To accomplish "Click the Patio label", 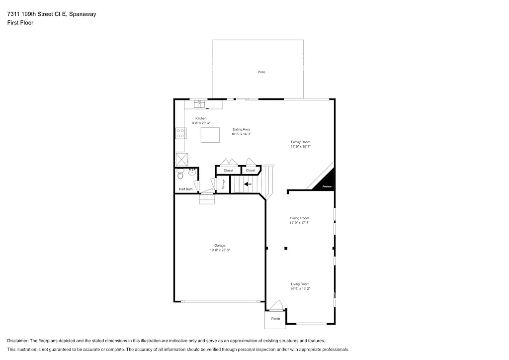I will pyautogui.click(x=261, y=72).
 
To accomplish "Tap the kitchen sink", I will pyautogui.click(x=199, y=104).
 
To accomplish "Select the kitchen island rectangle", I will pyautogui.click(x=210, y=135).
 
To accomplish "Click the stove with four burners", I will pyautogui.click(x=180, y=133).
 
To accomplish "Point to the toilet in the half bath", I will pyautogui.click(x=180, y=176).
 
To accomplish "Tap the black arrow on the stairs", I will pyautogui.click(x=247, y=183).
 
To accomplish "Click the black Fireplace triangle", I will pyautogui.click(x=328, y=182).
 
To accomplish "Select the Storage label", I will pyautogui.click(x=223, y=183).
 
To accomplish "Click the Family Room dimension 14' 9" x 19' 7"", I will pyautogui.click(x=301, y=147).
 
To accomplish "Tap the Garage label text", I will pyautogui.click(x=220, y=245).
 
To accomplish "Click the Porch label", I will pyautogui.click(x=275, y=319).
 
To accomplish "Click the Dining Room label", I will pyautogui.click(x=300, y=218).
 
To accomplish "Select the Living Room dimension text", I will pyautogui.click(x=300, y=288).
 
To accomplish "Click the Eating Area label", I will pyautogui.click(x=241, y=129).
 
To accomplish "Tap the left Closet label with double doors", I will pyautogui.click(x=228, y=171).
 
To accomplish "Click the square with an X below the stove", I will pyautogui.click(x=181, y=159).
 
